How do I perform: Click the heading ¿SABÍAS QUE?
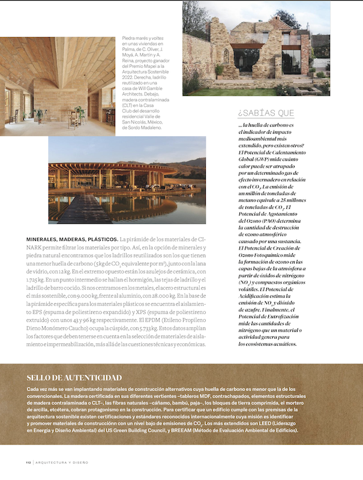[265, 113]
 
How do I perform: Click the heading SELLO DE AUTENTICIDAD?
[74, 377]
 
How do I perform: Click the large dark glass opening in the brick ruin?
[246, 60]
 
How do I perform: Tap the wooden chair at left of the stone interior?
[14, 115]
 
